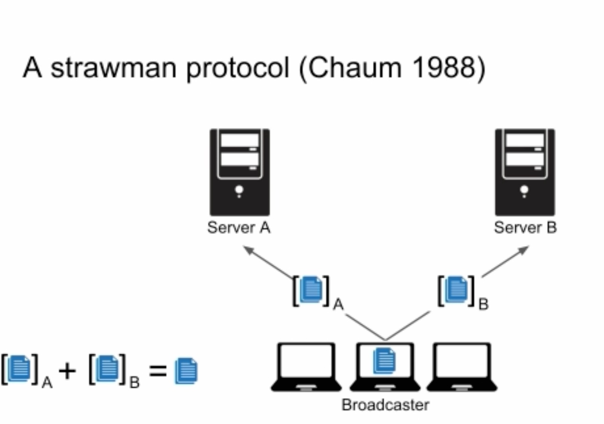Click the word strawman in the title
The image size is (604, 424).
(114, 68)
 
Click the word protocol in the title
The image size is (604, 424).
(238, 69)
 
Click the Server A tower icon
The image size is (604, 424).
(240, 172)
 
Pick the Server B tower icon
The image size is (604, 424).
(525, 172)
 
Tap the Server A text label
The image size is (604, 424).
(239, 227)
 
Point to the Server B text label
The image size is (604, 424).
(525, 227)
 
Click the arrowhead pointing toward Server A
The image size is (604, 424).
(249, 250)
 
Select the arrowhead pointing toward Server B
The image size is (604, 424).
(523, 250)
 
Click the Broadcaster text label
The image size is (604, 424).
(385, 405)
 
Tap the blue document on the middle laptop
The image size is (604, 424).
(384, 361)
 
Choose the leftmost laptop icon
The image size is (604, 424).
(306, 367)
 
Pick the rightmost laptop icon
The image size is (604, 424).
(462, 367)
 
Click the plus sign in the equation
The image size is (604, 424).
(67, 371)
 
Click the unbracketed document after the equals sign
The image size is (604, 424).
(186, 371)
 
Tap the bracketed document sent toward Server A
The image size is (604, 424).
(311, 290)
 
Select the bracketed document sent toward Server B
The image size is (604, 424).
(456, 290)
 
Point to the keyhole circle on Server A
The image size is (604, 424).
(239, 190)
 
